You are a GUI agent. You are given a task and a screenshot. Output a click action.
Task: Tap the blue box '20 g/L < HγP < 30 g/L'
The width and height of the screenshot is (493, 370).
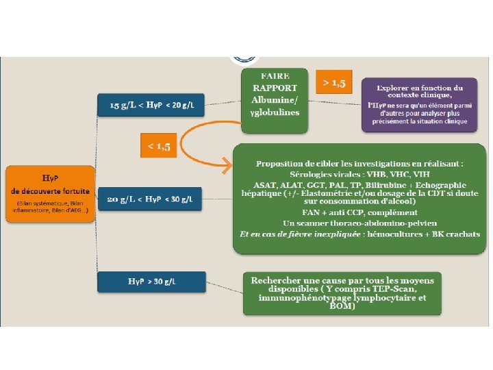(x=152, y=199)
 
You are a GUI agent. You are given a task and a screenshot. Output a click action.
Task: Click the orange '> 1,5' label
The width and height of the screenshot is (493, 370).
(x=333, y=84)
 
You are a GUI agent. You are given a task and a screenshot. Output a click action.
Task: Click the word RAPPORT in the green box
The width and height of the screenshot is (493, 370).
(x=275, y=88)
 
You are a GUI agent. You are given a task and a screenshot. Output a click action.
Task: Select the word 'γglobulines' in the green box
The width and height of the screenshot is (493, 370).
(x=275, y=112)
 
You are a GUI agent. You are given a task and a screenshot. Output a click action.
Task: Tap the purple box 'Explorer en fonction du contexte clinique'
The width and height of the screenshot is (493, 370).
(x=420, y=104)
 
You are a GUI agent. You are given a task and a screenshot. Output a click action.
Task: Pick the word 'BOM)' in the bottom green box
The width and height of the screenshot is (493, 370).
(x=342, y=306)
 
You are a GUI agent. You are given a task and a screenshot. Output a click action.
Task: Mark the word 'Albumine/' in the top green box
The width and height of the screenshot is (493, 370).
(x=275, y=100)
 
